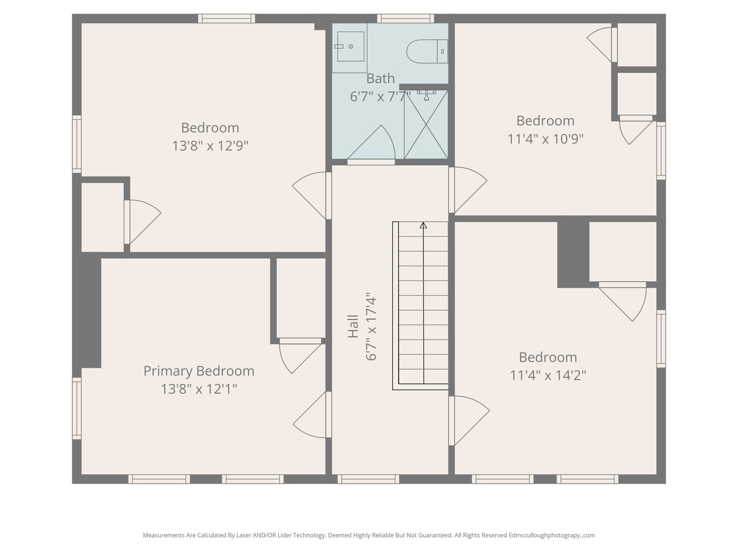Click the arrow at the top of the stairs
[x=423, y=225]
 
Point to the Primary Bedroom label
[x=199, y=371]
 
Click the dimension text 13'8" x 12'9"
[x=210, y=146]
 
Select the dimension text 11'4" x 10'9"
[x=545, y=139]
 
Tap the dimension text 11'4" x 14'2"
[x=548, y=375]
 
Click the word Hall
[x=353, y=326]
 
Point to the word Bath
[x=380, y=78]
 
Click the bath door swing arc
[x=377, y=144]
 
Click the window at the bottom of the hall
[x=368, y=479]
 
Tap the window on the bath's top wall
[x=405, y=18]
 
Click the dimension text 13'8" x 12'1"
[x=199, y=389]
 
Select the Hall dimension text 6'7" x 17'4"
[x=371, y=326]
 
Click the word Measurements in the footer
[x=163, y=535]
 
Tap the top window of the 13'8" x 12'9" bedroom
[x=227, y=18]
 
